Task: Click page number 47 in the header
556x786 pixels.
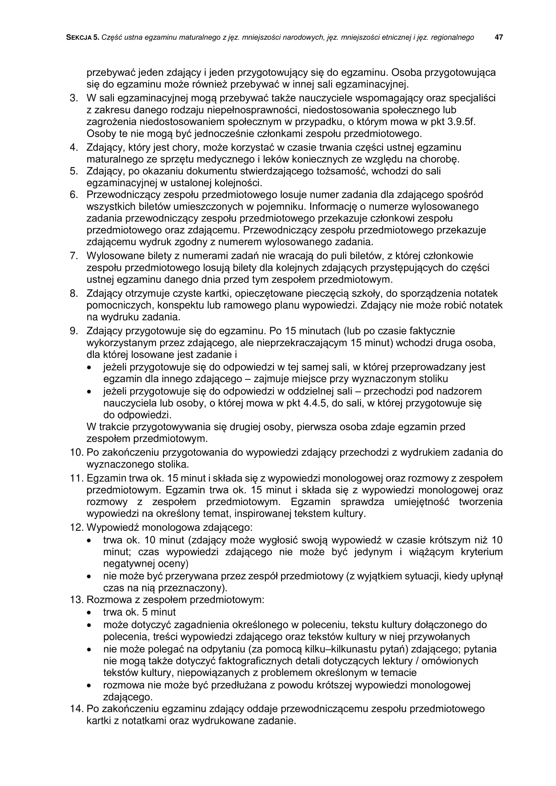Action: pos(499,37)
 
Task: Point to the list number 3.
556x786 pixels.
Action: pos(73,98)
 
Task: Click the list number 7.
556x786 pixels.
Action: pos(73,256)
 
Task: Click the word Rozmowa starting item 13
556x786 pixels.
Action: pos(107,600)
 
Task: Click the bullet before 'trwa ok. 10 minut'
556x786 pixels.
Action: pos(89,541)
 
